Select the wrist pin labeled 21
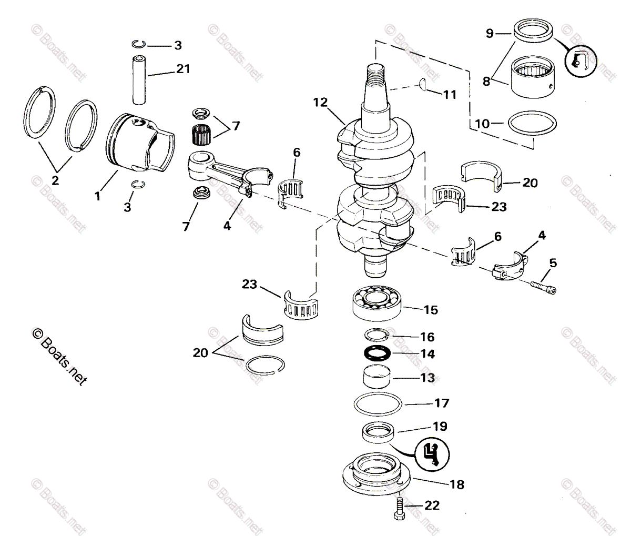tap(140, 77)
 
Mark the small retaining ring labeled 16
tap(376, 335)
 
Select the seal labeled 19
tap(378, 433)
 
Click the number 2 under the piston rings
tap(55, 180)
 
